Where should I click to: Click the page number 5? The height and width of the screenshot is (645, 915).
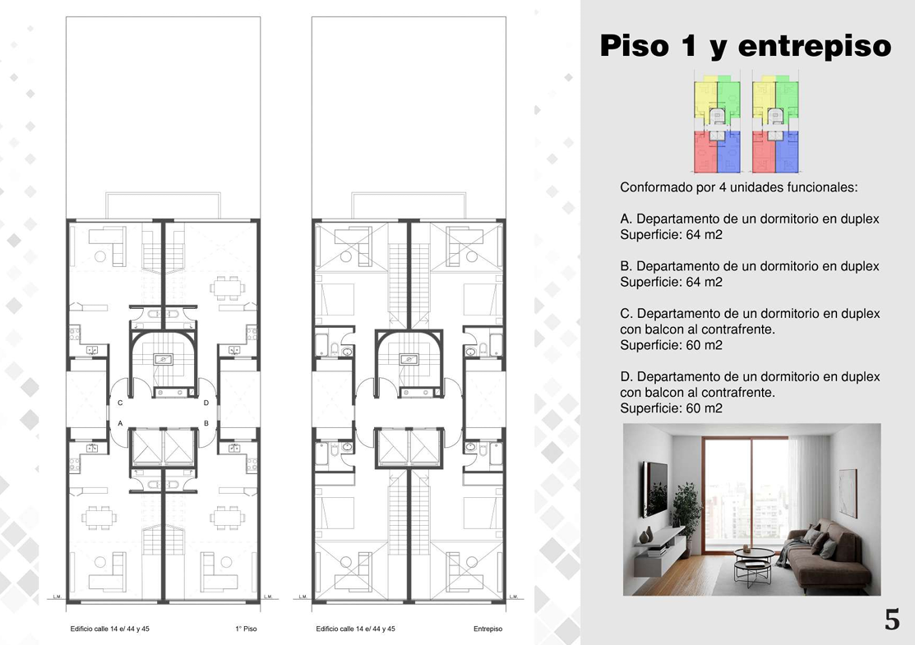(x=892, y=620)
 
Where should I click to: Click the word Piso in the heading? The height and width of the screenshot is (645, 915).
(x=635, y=46)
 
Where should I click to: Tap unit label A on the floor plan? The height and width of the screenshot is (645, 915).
(x=120, y=423)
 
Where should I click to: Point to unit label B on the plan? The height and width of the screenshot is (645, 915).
(x=206, y=423)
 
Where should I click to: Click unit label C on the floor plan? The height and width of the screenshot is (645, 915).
(x=120, y=403)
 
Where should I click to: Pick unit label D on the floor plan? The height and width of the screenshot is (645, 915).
(x=206, y=403)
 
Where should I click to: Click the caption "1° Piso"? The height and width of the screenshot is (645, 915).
(x=246, y=629)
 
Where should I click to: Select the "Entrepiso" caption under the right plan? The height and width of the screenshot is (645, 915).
(x=488, y=629)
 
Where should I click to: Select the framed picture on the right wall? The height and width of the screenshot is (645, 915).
(x=848, y=493)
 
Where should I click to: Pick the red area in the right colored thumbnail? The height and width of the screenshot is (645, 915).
(x=763, y=153)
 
